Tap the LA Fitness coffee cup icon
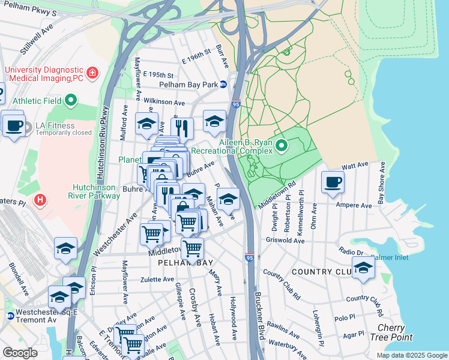pyautogui.click(x=13, y=125)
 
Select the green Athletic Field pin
pyautogui.click(x=71, y=101)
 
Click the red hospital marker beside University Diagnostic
pyautogui.click(x=92, y=73)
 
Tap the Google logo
pyautogui.click(x=20, y=353)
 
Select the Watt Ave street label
pyautogui.click(x=354, y=164)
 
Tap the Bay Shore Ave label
pyautogui.click(x=379, y=182)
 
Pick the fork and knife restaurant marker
pyautogui.click(x=182, y=127)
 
